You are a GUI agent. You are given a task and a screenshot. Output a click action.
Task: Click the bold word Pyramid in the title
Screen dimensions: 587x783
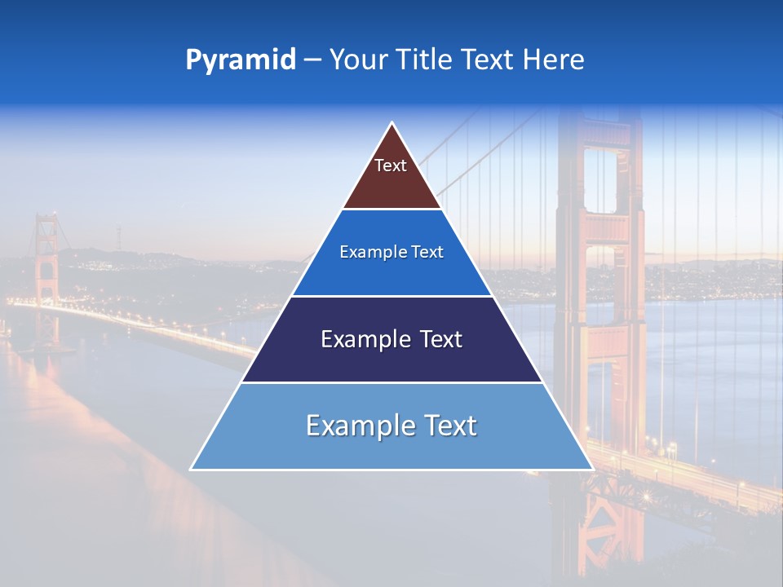point(240,60)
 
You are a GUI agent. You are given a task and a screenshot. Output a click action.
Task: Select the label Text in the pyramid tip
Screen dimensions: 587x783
point(391,166)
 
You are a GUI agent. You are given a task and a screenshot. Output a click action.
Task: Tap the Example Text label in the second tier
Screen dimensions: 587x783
point(391,252)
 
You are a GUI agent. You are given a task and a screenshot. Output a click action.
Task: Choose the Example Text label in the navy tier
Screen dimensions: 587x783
point(391,339)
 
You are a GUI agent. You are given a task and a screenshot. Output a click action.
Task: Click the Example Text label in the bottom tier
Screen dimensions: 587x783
point(391,426)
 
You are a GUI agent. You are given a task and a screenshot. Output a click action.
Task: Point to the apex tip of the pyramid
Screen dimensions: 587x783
point(392,124)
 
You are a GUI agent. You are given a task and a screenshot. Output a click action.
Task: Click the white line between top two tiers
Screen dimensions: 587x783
point(391,210)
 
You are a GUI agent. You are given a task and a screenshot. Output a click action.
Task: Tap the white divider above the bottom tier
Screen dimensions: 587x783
point(391,382)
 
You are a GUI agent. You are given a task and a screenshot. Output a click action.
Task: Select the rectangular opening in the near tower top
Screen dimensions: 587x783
point(600,179)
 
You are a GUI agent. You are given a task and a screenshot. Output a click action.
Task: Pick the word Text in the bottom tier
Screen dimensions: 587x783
point(448,426)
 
